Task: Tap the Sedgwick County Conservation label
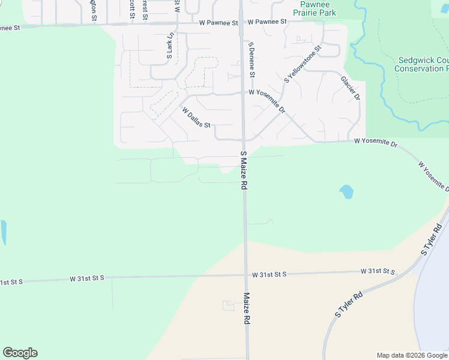point(421,64)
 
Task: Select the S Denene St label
point(252,59)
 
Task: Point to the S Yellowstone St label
point(303,64)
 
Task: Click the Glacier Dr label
point(350,88)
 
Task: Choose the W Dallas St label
point(196,118)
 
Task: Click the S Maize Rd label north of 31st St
point(244,171)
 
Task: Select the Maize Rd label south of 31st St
point(246,308)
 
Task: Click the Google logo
point(20,353)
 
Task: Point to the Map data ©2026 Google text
point(411,355)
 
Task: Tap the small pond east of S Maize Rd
point(346,192)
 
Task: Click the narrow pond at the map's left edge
point(3,233)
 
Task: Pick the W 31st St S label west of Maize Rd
point(87,278)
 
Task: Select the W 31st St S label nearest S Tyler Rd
point(378,272)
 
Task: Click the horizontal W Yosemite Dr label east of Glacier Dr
point(376,142)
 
